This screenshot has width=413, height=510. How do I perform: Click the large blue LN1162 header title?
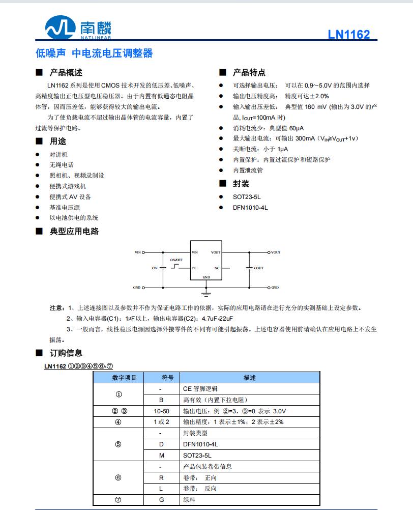click(x=348, y=35)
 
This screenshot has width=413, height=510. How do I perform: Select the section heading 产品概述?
click(x=66, y=72)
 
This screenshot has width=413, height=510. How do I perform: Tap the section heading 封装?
click(x=241, y=184)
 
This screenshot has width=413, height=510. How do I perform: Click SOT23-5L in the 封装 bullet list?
click(x=247, y=197)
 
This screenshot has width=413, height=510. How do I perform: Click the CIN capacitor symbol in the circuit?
click(x=163, y=267)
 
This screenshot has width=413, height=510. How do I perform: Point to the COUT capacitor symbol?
click(x=249, y=267)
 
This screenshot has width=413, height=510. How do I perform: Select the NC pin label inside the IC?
click(x=217, y=268)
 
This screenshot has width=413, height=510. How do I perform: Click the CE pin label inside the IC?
click(x=194, y=268)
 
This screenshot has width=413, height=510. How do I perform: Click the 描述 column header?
click(x=250, y=378)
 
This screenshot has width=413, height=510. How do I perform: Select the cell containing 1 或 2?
click(x=161, y=422)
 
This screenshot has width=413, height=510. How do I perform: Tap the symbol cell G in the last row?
click(x=161, y=499)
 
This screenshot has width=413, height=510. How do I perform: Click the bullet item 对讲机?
click(x=58, y=154)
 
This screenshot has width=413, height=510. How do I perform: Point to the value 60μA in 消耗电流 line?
click(x=301, y=128)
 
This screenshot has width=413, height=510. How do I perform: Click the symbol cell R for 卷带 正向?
click(x=161, y=477)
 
